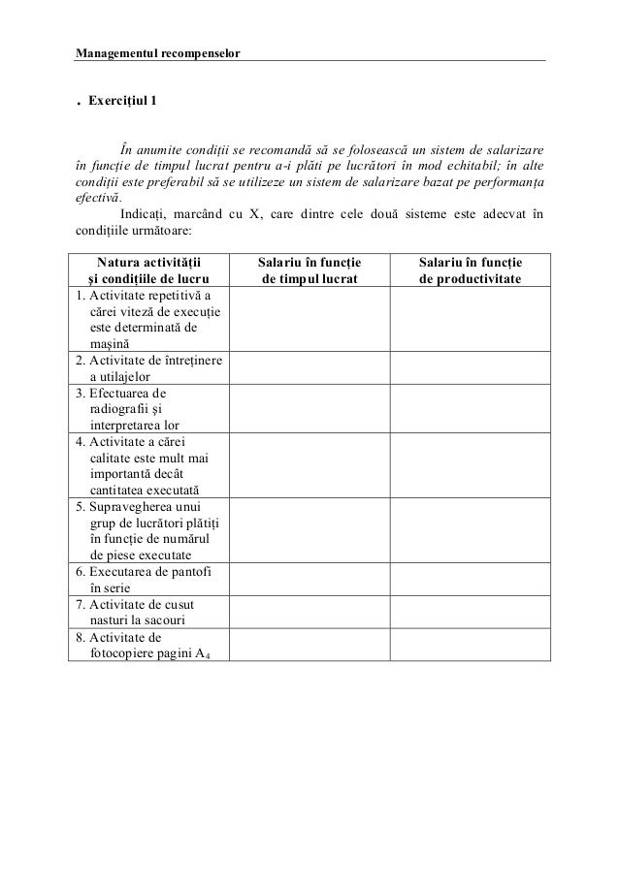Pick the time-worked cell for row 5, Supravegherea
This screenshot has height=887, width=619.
pos(309,529)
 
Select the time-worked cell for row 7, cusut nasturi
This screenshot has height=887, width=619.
pos(309,610)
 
